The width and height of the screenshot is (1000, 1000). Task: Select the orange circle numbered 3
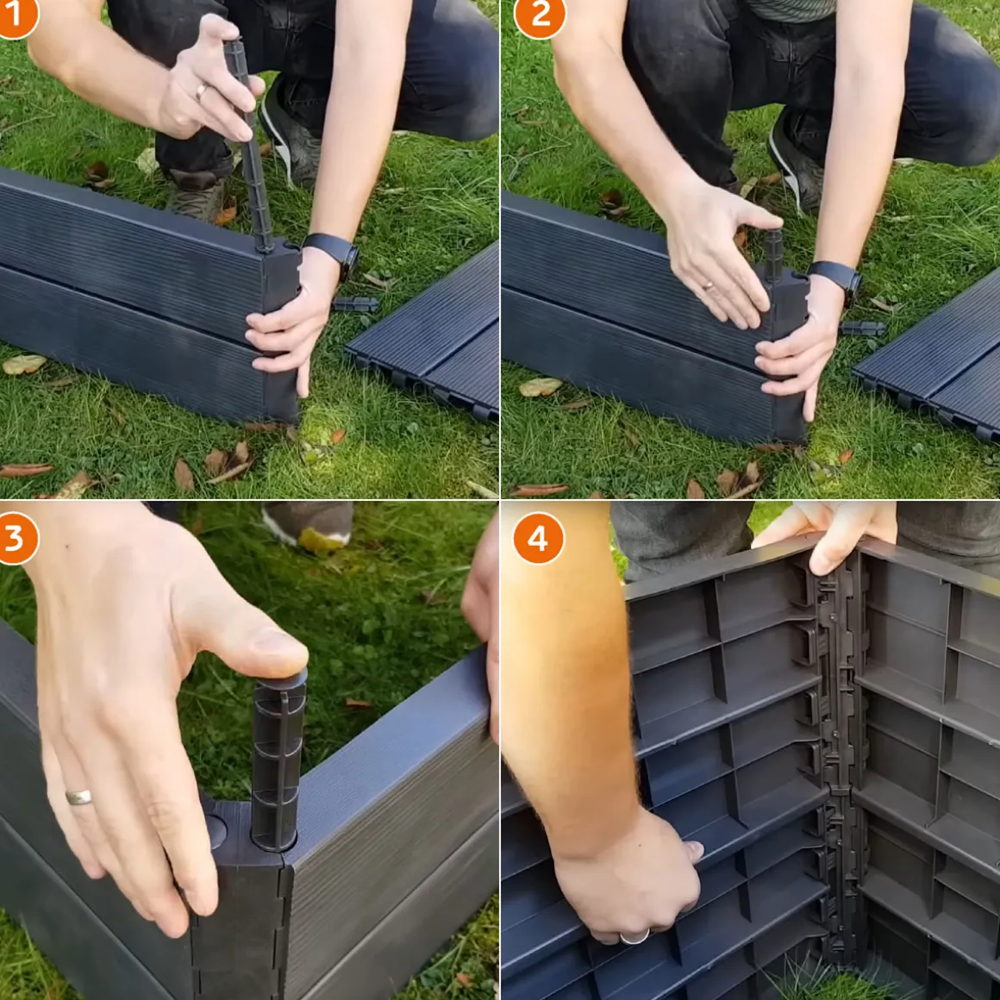click(16, 538)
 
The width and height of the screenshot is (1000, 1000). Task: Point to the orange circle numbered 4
click(538, 538)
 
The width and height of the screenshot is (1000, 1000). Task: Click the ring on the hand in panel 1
click(201, 92)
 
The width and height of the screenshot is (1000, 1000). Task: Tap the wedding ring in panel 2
click(709, 286)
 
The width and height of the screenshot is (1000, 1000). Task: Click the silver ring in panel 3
click(78, 797)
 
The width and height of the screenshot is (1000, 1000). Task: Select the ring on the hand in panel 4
click(634, 937)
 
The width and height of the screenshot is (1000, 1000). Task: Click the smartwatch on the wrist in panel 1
click(332, 251)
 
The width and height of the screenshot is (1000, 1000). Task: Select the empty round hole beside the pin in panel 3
click(216, 832)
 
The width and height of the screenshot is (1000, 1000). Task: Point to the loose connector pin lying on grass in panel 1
click(354, 304)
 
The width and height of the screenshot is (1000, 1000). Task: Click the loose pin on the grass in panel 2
click(862, 329)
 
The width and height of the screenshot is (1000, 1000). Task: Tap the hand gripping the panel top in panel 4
click(829, 532)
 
